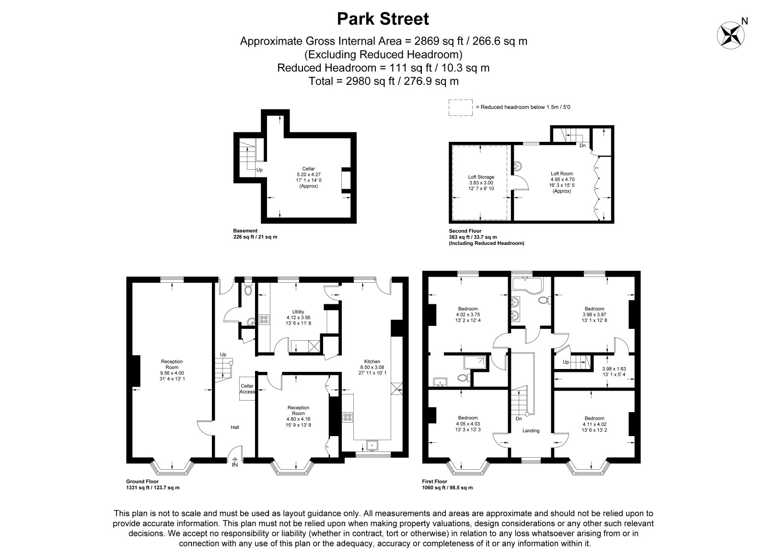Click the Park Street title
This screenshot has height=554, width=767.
[383, 19]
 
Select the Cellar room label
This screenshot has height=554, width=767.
[309, 169]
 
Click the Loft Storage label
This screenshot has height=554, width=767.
[481, 177]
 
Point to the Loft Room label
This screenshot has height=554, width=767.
[561, 173]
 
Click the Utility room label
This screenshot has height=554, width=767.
[298, 312]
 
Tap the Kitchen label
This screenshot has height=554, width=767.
[372, 361]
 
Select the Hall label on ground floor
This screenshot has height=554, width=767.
[235, 427]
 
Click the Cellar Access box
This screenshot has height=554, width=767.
[247, 389]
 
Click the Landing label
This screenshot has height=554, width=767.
[531, 431]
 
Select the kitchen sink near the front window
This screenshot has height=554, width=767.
[372, 445]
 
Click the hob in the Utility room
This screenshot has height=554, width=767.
[264, 320]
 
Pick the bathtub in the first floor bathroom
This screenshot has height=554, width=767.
[527, 287]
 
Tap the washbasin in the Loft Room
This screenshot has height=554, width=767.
[517, 166]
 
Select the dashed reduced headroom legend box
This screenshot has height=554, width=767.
[461, 107]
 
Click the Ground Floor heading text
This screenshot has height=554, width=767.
[142, 482]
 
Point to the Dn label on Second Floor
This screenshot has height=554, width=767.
[582, 146]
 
